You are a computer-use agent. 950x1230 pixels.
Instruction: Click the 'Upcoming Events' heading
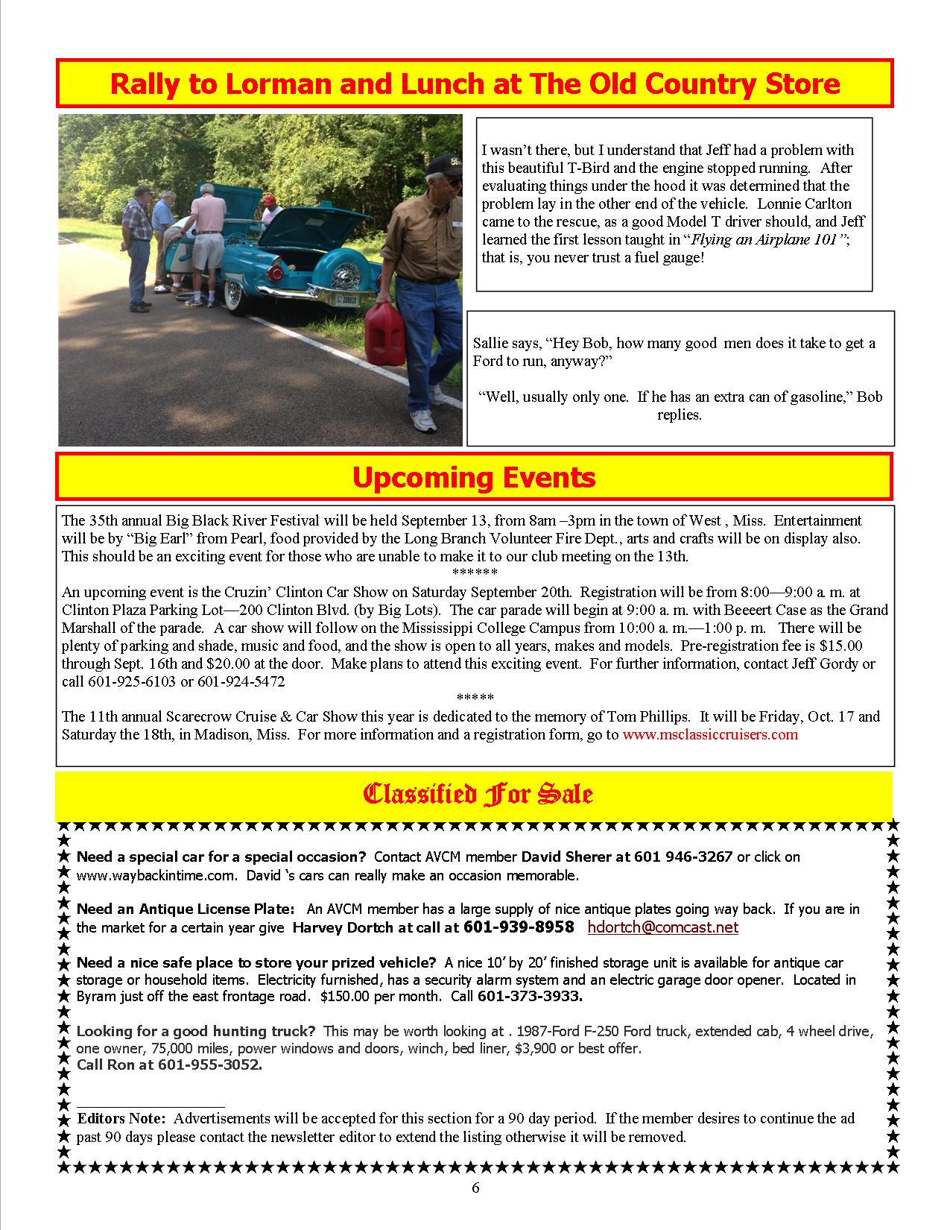point(474,477)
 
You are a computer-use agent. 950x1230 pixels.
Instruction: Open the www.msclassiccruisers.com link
point(709,734)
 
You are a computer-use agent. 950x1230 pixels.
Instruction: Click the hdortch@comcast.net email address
point(662,927)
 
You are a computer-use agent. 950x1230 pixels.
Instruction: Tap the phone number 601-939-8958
point(519,927)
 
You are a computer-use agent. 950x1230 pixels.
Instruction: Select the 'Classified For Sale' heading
point(477,794)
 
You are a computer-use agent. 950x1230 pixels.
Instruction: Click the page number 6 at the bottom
point(475,1188)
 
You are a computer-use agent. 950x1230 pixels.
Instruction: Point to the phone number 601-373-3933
point(530,996)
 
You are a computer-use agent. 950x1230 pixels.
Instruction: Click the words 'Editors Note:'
point(123,1119)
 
